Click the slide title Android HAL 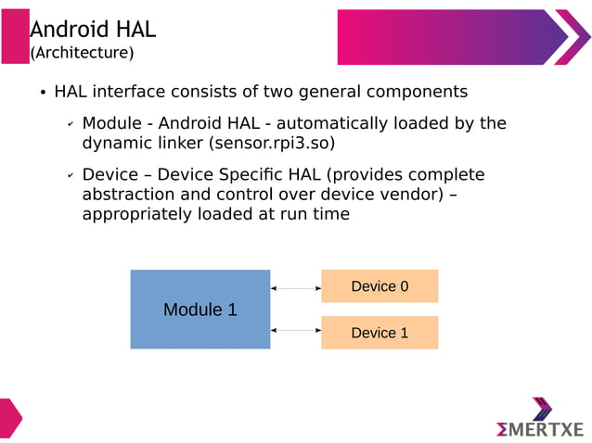click(93, 30)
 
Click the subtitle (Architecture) click(83, 53)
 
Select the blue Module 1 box click(199, 310)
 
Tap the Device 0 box click(380, 286)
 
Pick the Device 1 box click(380, 333)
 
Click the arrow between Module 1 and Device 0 click(295, 289)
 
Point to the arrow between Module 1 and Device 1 click(295, 330)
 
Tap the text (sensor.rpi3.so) click(272, 144)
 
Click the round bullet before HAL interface click(43, 94)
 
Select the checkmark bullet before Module click(70, 124)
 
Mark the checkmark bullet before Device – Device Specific click(70, 176)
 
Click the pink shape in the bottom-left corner click(9, 417)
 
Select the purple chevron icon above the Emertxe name click(542, 408)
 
